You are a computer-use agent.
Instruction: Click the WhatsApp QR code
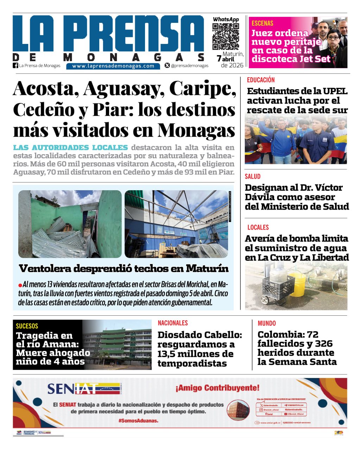(226, 37)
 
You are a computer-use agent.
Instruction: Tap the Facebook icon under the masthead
(15, 65)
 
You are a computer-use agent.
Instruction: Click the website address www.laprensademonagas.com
(113, 66)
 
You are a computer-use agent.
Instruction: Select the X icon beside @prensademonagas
(167, 65)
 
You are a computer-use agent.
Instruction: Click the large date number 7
(219, 59)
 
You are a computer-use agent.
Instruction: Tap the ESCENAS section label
(262, 24)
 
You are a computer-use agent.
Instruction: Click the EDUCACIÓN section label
(261, 80)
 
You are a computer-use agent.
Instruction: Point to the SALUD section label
(253, 176)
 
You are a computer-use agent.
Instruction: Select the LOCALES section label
(258, 227)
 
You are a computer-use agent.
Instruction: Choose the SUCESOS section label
(27, 326)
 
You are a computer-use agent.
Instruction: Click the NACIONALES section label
(173, 323)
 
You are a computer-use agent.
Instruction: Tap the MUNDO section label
(267, 323)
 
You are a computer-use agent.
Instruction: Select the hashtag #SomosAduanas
(138, 420)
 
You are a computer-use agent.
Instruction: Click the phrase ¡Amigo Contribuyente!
(217, 388)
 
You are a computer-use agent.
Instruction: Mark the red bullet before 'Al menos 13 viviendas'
(20, 285)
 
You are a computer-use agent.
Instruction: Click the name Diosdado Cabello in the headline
(200, 335)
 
